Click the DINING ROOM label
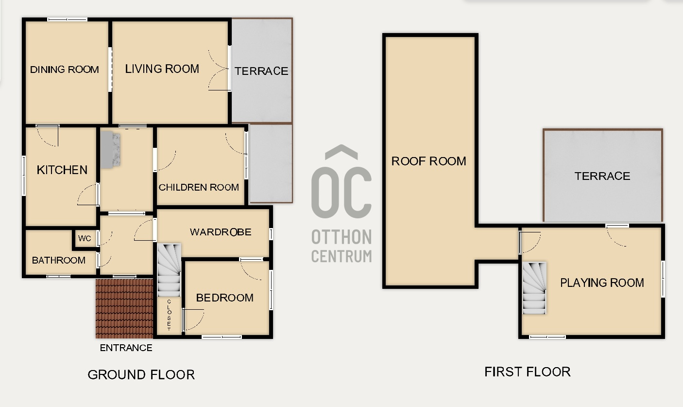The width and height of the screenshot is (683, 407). coord(64,70)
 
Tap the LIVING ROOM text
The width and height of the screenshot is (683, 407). coord(162,69)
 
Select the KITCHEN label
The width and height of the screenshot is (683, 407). coord(62,170)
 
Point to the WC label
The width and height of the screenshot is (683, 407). coord(85,238)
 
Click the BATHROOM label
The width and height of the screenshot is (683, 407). coord(59,260)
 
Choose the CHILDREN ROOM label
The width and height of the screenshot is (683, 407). coord(199,187)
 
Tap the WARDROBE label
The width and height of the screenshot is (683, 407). coord(221,232)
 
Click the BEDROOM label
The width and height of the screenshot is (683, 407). coord(225,298)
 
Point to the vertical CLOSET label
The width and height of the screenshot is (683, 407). coord(169,315)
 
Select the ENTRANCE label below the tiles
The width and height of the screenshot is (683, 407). coord(126,348)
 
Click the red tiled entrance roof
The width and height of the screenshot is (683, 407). coord(124,308)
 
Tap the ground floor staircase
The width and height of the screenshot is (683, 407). coord(169,270)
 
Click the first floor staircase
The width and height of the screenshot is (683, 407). coord(534,288)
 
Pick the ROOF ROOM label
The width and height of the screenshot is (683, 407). coord(429,161)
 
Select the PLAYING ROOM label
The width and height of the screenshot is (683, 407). coord(602,283)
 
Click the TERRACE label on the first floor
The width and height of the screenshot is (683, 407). coord(602,176)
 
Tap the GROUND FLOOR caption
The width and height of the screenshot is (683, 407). coord(141,374)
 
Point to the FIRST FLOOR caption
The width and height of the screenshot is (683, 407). coord(528,372)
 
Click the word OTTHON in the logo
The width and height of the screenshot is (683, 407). coord(341,237)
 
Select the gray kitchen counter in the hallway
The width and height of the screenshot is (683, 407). coord(110,150)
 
